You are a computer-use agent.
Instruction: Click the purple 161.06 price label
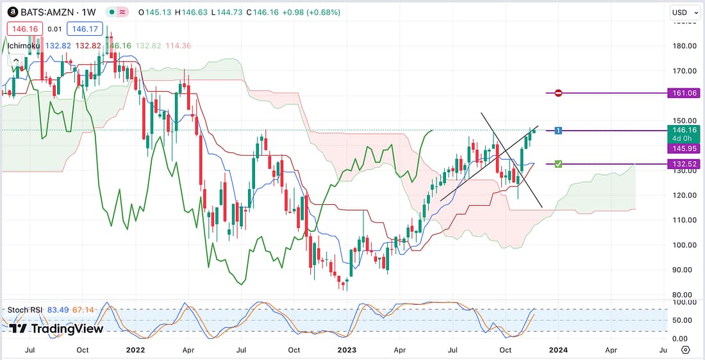point(683,93)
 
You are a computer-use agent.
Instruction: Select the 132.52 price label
point(683,164)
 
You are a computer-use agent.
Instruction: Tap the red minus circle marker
point(558,93)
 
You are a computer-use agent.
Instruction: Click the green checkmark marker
point(558,165)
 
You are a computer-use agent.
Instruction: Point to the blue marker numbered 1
point(558,131)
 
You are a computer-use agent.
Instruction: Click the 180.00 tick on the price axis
point(683,46)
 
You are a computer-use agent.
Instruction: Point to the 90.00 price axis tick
point(683,270)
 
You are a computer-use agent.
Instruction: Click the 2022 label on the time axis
point(135,350)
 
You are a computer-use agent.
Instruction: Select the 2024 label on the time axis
point(558,350)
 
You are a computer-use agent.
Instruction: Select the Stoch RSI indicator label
point(24,310)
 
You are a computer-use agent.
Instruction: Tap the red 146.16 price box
point(23,29)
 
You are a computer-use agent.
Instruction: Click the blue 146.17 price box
point(85,29)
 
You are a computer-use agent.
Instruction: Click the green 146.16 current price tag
point(683,129)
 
